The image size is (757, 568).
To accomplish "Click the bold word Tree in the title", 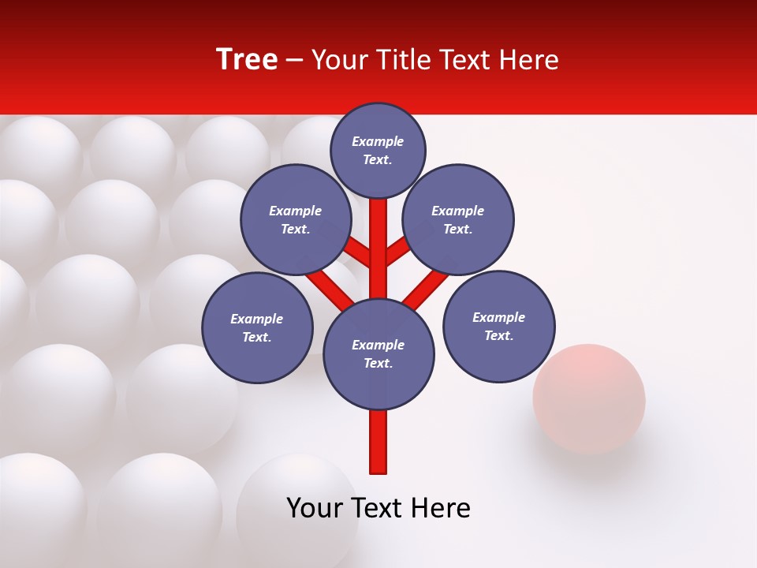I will pyautogui.click(x=247, y=59).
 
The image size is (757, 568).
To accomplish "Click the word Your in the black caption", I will pyautogui.click(x=314, y=508).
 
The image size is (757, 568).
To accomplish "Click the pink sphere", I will pyautogui.click(x=589, y=398).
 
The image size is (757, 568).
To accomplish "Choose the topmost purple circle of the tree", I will pyautogui.click(x=378, y=150).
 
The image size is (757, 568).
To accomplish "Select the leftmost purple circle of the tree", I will pyautogui.click(x=257, y=327).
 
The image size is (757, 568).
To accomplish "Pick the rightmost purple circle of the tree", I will pyautogui.click(x=498, y=326).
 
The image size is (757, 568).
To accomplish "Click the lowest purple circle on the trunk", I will pyautogui.click(x=378, y=353).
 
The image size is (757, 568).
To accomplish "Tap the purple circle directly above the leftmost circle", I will pyautogui.click(x=296, y=219).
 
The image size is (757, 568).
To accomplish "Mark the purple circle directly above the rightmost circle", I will pyautogui.click(x=458, y=219).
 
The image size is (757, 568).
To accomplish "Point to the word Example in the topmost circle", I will pyautogui.click(x=378, y=141).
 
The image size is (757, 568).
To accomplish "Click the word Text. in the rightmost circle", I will pyautogui.click(x=498, y=335).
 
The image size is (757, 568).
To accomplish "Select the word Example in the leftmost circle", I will pyautogui.click(x=257, y=319).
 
